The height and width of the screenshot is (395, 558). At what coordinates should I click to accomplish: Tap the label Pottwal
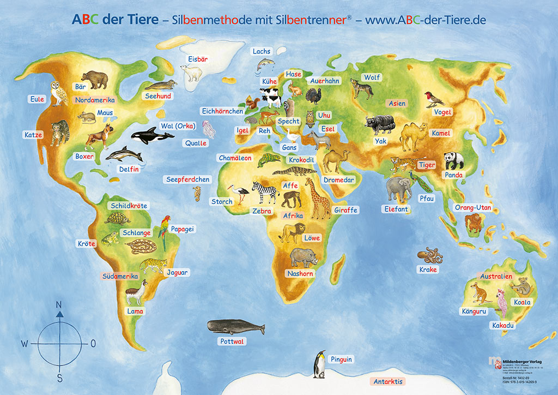click(x=232, y=342)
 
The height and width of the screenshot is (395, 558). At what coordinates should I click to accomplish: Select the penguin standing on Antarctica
click(x=319, y=364)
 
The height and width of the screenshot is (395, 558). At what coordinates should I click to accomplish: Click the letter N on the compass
click(x=59, y=304)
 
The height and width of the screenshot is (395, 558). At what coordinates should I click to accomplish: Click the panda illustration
click(x=453, y=160)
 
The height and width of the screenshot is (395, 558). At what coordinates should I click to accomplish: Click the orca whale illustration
click(x=145, y=135)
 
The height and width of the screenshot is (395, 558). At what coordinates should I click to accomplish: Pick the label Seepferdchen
click(x=188, y=179)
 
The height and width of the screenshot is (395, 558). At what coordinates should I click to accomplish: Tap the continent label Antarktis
click(x=389, y=381)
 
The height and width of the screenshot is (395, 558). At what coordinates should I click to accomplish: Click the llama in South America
click(x=135, y=292)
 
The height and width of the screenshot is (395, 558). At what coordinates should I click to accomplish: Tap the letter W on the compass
click(x=25, y=344)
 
